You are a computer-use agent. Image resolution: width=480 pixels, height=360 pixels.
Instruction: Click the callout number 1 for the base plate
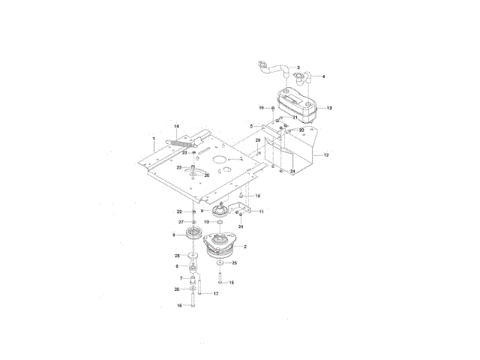click(153, 139)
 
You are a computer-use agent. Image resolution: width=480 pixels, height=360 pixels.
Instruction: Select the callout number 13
click(329, 108)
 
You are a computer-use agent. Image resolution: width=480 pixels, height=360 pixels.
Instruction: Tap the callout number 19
click(262, 108)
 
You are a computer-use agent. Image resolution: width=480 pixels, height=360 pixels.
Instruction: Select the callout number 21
click(295, 118)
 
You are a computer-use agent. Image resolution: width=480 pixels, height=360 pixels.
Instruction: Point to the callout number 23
click(180, 167)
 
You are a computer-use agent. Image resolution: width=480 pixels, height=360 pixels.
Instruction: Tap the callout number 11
click(261, 212)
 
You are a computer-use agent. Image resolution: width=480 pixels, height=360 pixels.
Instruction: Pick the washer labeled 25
click(220, 263)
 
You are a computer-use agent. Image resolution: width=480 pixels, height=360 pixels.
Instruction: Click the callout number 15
click(231, 283)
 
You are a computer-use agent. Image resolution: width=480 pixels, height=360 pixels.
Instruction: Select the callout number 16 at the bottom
click(180, 305)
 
